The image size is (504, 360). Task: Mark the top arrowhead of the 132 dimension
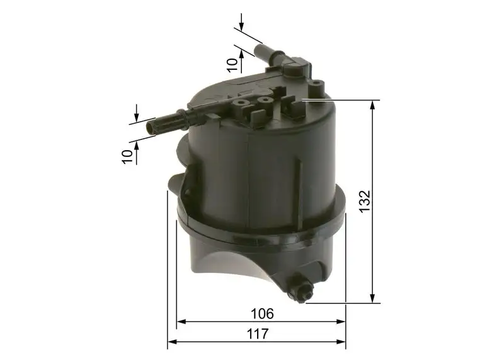pos(374,104)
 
